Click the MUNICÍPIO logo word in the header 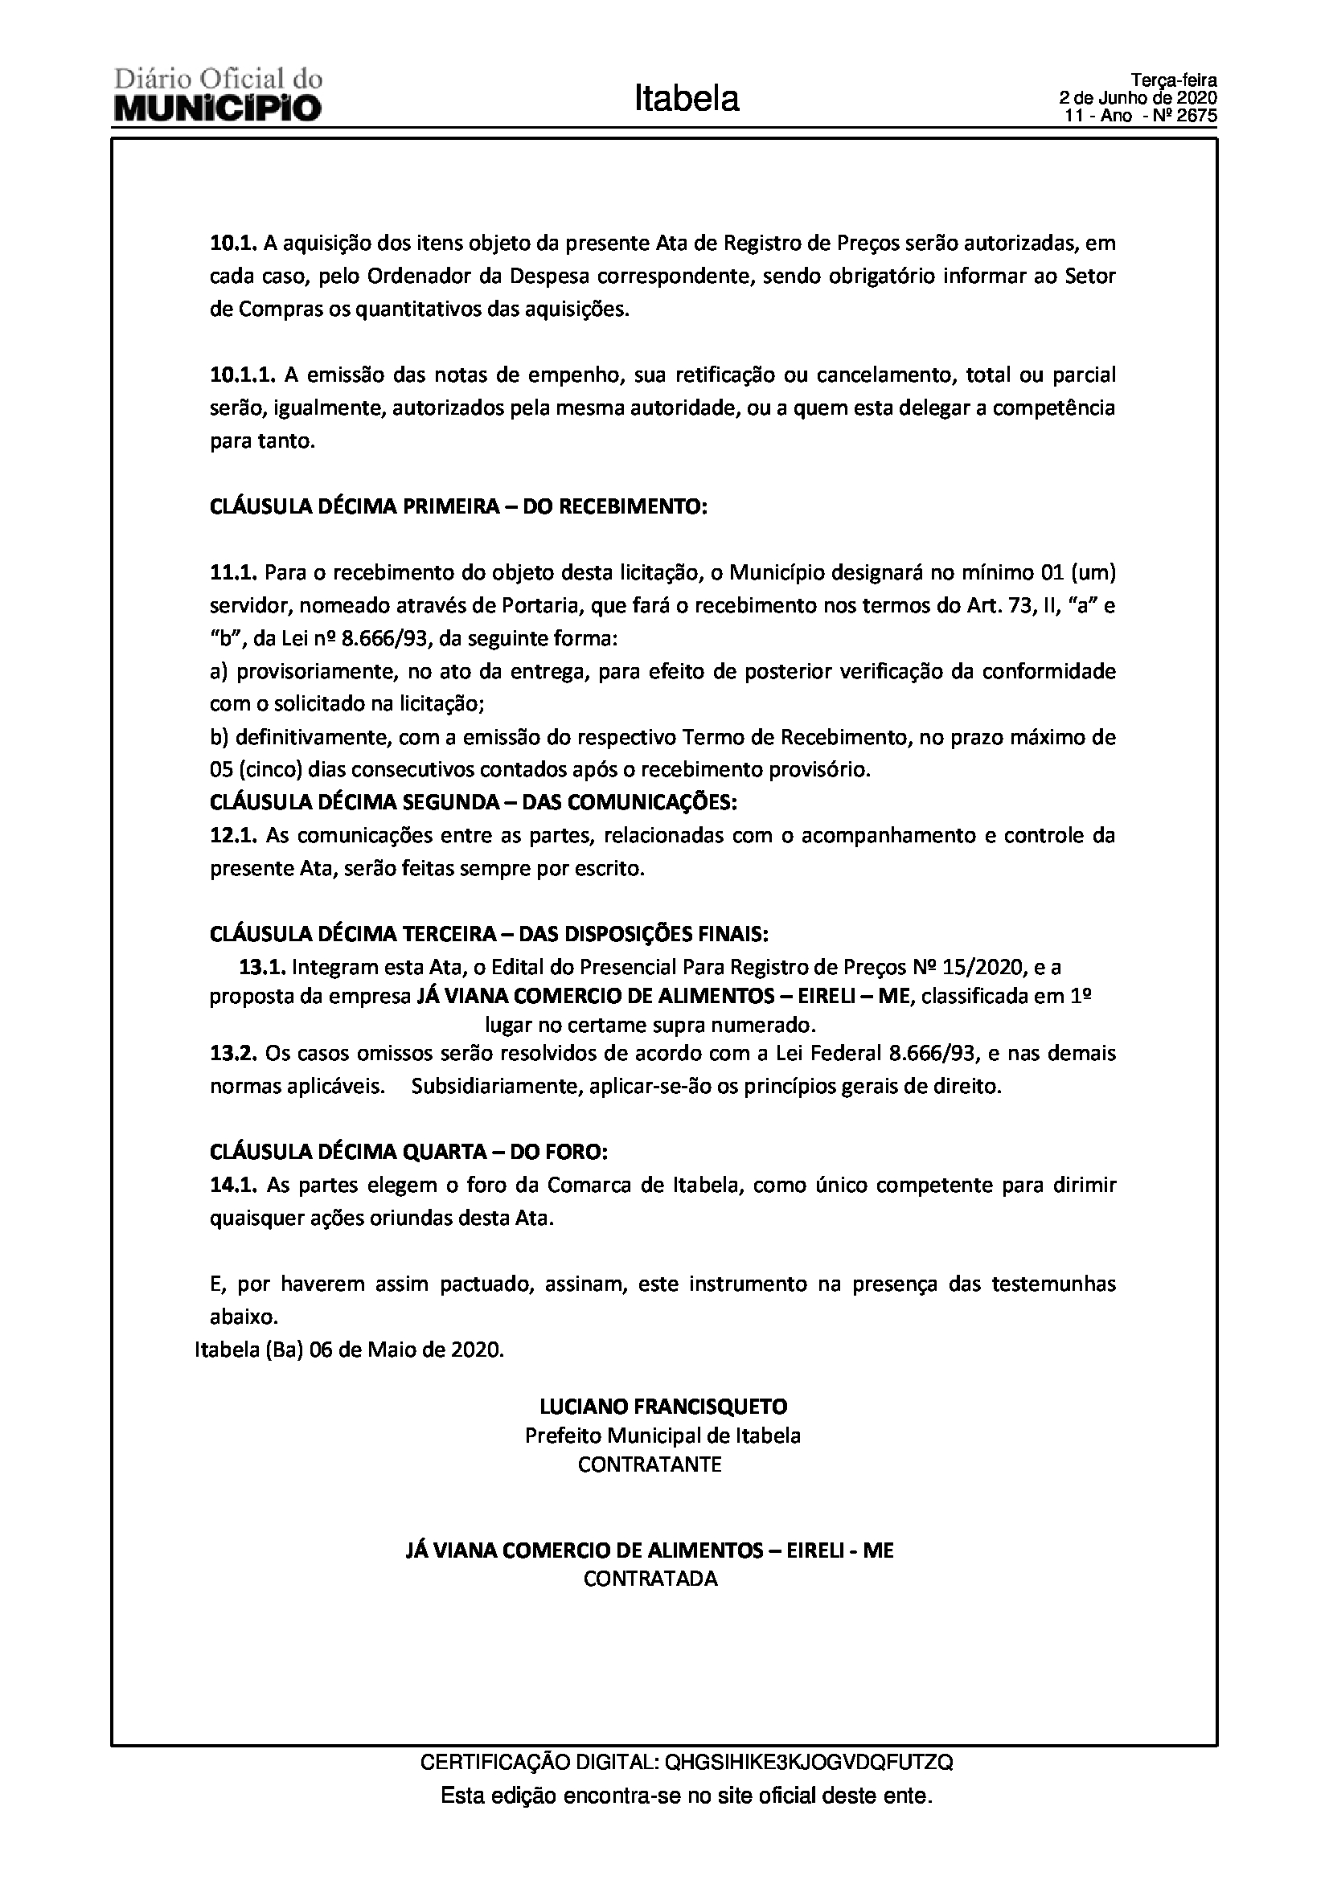(x=218, y=108)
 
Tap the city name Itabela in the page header (x=686, y=99)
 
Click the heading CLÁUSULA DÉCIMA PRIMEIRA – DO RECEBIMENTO (x=457, y=507)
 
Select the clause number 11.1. (x=233, y=571)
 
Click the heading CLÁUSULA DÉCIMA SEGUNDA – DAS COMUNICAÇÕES (x=474, y=802)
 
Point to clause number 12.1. (x=233, y=836)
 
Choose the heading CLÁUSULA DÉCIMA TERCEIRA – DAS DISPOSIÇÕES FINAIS (x=489, y=934)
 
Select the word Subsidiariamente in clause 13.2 (x=496, y=1087)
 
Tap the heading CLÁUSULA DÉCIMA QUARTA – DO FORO (x=408, y=1152)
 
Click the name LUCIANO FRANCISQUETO (x=663, y=1407)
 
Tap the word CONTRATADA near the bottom (x=650, y=1579)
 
